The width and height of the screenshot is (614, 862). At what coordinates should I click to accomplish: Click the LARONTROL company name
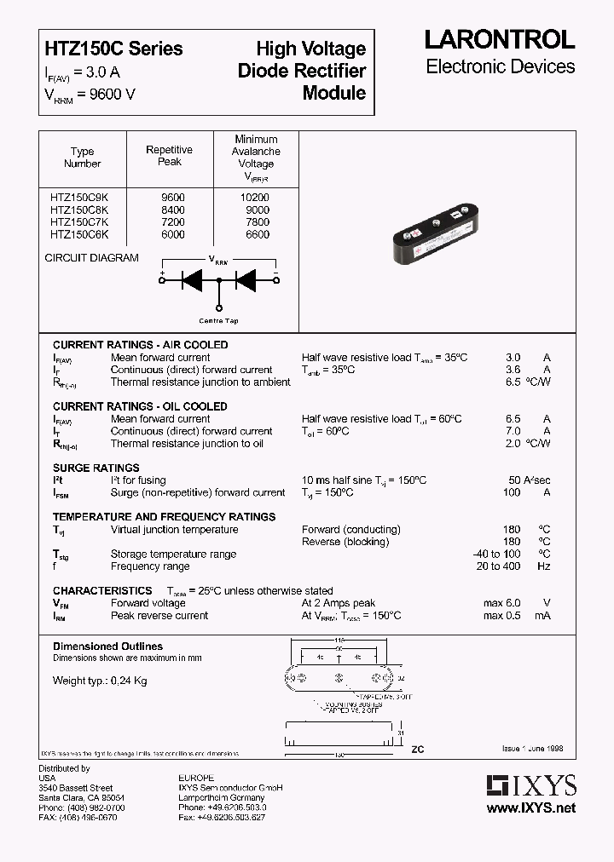point(500,39)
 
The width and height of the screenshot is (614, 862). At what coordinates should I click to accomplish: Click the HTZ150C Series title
point(113,49)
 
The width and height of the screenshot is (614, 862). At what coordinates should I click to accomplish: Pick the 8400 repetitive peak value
point(171,210)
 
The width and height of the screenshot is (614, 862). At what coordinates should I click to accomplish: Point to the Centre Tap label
point(218,320)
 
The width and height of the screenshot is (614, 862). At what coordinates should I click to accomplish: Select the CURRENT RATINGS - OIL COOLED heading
point(140,406)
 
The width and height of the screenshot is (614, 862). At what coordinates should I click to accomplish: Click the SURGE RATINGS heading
point(96,468)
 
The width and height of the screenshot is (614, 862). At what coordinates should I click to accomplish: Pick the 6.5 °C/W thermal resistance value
point(527,382)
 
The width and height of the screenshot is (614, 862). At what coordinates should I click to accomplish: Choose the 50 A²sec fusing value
point(529,480)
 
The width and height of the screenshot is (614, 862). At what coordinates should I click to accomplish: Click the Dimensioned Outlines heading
point(107,646)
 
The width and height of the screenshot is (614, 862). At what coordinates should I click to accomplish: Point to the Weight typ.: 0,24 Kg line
point(100,681)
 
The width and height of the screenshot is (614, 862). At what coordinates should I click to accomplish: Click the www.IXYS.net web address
point(530,807)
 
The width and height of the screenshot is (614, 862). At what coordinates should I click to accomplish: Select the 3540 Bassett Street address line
point(76,788)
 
